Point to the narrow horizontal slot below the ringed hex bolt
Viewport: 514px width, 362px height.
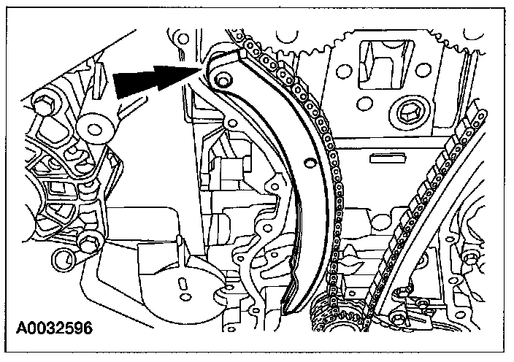coord(388,157)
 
